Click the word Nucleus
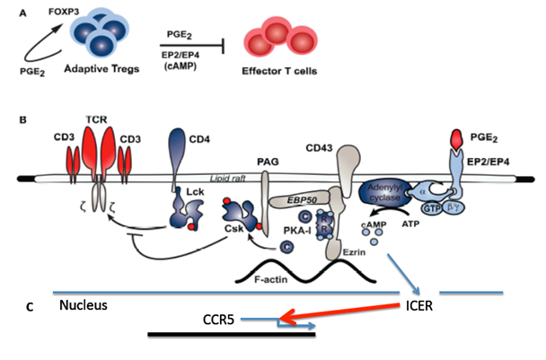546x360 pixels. click(84, 305)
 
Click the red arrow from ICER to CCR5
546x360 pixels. click(341, 312)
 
